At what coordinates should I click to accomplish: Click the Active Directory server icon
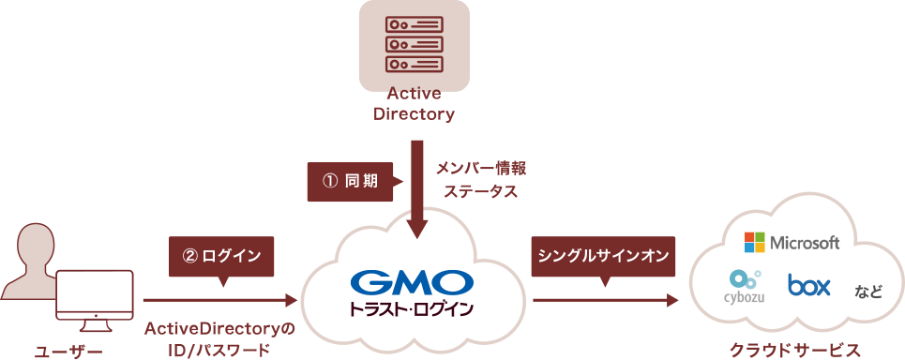(x=415, y=43)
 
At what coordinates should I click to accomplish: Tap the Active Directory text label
(x=414, y=104)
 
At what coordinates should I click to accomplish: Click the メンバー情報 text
(x=481, y=169)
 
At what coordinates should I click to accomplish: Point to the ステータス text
(x=480, y=192)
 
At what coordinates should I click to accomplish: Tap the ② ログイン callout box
(x=222, y=257)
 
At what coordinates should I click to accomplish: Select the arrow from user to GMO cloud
(x=220, y=300)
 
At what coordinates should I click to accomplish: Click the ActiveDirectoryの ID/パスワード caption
(x=219, y=338)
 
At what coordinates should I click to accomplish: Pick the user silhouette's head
(x=36, y=246)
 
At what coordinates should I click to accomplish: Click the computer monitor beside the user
(x=95, y=301)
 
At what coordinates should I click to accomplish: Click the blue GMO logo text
(x=412, y=282)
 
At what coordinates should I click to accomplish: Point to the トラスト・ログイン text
(x=412, y=308)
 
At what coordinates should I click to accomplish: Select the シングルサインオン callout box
(x=603, y=257)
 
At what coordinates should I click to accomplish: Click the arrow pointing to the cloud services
(x=606, y=300)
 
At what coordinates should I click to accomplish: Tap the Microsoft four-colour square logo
(x=754, y=242)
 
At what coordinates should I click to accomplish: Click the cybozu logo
(x=745, y=287)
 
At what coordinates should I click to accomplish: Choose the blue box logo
(x=808, y=285)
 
